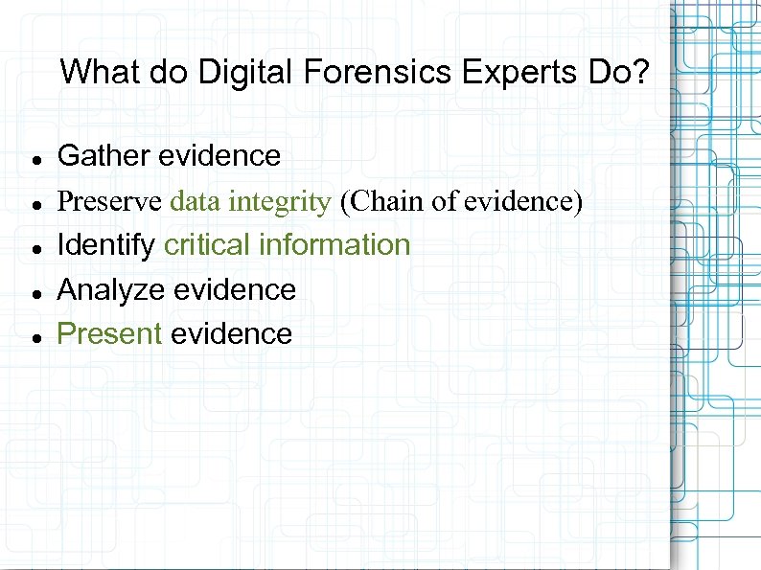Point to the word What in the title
click(94, 72)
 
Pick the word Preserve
click(109, 201)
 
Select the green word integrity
click(285, 201)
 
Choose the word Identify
click(106, 245)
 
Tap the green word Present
click(109, 333)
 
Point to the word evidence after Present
click(231, 333)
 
